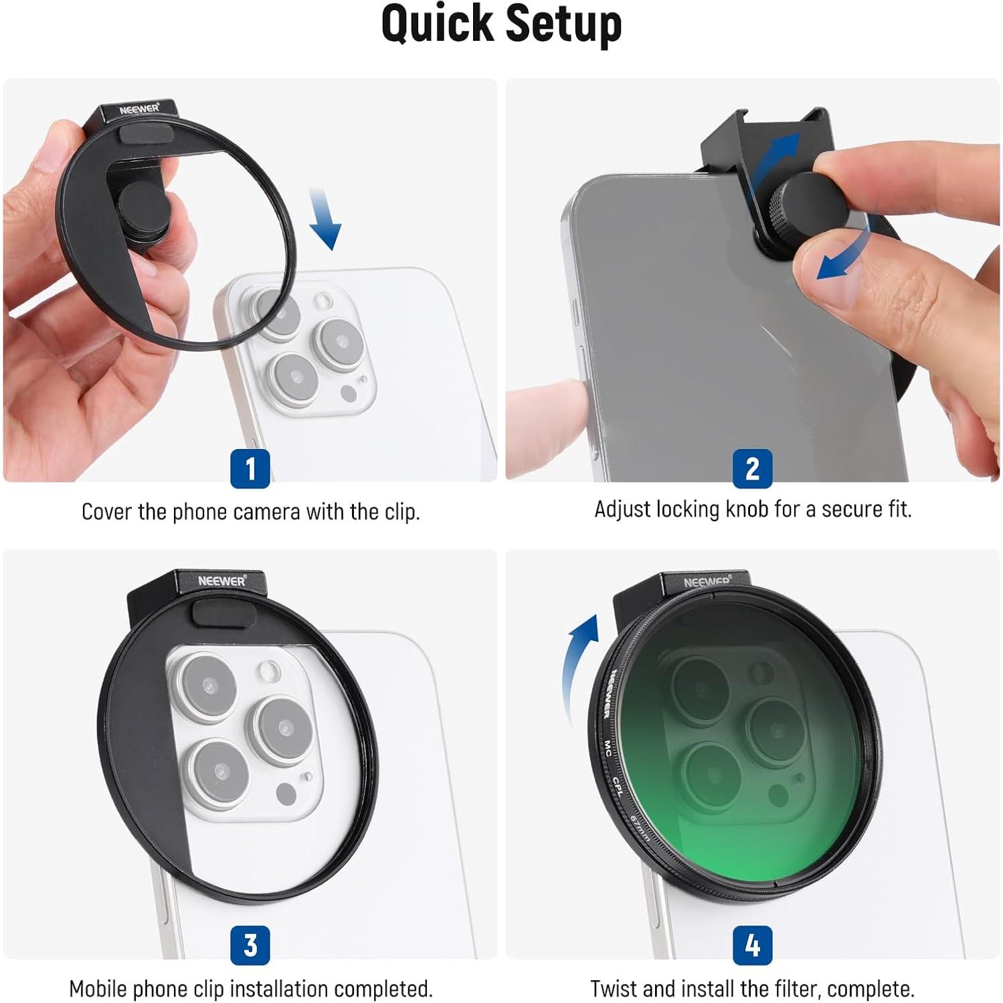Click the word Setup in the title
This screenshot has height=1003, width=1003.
pyautogui.click(x=563, y=24)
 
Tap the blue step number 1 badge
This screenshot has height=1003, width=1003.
pyautogui.click(x=250, y=468)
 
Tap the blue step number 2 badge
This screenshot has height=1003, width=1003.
pyautogui.click(x=752, y=468)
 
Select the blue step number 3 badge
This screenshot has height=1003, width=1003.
pyautogui.click(x=250, y=945)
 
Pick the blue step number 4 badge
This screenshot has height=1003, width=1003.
pyautogui.click(x=752, y=945)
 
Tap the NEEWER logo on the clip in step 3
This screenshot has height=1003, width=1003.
pyautogui.click(x=221, y=581)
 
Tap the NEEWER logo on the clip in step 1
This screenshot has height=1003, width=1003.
pyautogui.click(x=139, y=109)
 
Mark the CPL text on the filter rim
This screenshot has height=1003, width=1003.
pyautogui.click(x=617, y=787)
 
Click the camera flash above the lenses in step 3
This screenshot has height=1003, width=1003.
pyautogui.click(x=270, y=670)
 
